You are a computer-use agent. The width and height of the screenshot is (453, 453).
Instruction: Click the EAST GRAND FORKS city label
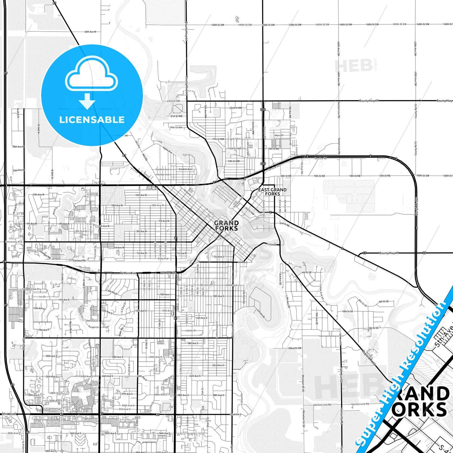pyautogui.click(x=272, y=192)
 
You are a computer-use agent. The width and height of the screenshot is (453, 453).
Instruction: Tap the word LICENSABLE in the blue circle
pyautogui.click(x=92, y=119)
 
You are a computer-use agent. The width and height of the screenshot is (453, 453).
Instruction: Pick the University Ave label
pyautogui.click(x=14, y=242)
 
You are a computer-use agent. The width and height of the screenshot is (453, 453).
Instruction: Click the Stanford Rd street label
pyautogui.click(x=49, y=228)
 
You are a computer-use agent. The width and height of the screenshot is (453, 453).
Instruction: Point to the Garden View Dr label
pyautogui.click(x=31, y=289)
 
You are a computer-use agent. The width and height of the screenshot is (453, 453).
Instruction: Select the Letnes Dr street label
pyautogui.click(x=191, y=330)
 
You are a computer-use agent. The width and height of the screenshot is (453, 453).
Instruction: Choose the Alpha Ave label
pyautogui.click(x=167, y=150)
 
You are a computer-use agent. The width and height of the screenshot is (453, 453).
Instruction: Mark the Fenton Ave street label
pyautogui.click(x=163, y=174)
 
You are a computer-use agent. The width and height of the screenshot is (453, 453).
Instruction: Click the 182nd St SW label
pyautogui.click(x=295, y=348)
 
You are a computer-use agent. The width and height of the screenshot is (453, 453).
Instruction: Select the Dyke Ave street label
pyautogui.click(x=163, y=259)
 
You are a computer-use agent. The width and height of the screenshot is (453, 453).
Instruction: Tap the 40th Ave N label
pyautogui.click(x=90, y=32)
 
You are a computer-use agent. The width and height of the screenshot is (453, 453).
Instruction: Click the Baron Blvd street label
pyautogui.click(x=71, y=326)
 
